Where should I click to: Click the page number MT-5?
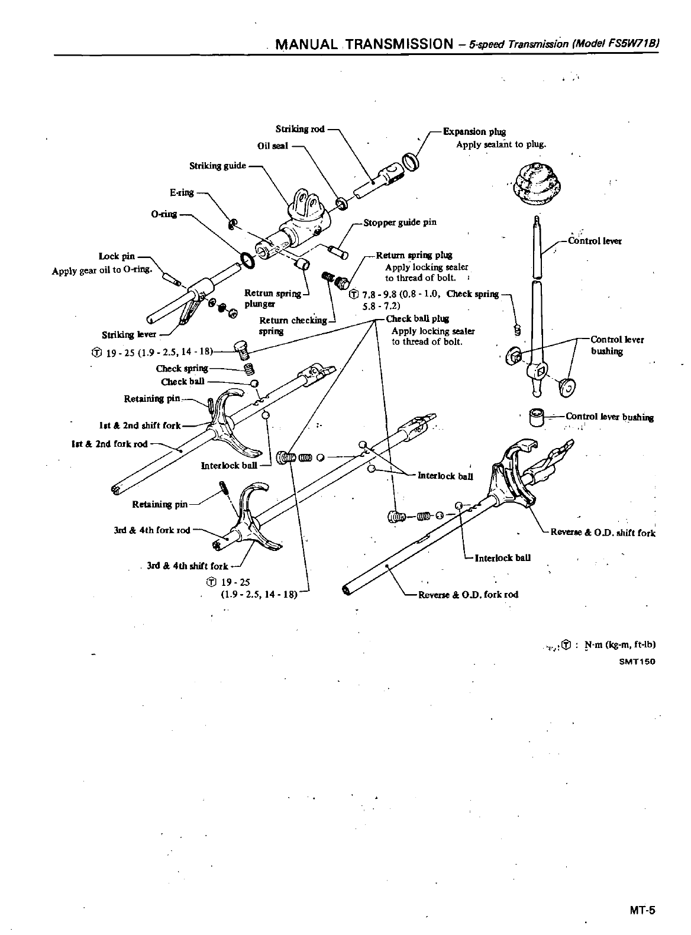tap(642, 910)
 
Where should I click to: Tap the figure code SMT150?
tap(637, 662)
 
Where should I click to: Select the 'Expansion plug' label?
tap(474, 132)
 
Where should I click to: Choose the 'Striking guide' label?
tap(217, 166)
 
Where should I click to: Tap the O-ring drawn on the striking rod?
tap(248, 259)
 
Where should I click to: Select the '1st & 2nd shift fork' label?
tap(140, 425)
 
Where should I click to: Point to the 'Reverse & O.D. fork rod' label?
tap(468, 594)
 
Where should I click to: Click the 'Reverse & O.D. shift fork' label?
tap(603, 533)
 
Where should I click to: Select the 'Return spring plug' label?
tap(414, 256)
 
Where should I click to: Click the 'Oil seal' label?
tap(273, 146)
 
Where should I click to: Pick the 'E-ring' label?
tap(182, 192)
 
